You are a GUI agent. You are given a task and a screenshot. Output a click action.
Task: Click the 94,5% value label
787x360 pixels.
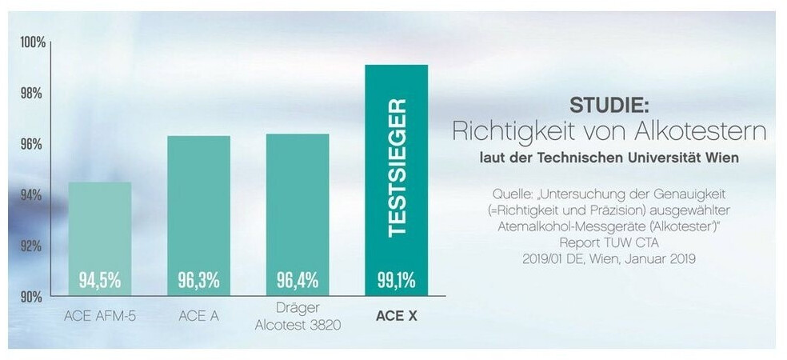pos(99,280)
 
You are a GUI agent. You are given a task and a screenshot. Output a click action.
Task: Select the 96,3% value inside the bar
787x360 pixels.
pos(198,280)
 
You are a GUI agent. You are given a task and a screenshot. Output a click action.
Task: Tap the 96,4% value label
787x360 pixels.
pos(297,280)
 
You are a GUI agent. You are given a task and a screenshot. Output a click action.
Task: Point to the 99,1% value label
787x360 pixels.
pos(396,280)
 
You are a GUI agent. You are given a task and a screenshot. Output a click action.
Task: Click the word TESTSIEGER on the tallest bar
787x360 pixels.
pos(397,168)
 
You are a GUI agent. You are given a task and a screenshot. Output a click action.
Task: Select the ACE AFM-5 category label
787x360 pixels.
pos(99,316)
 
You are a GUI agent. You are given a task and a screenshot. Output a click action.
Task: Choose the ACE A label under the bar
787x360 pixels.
pos(198,316)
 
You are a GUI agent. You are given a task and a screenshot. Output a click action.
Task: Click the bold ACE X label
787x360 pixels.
pos(396,316)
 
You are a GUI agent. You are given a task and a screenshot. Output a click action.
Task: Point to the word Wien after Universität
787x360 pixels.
pos(722,158)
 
